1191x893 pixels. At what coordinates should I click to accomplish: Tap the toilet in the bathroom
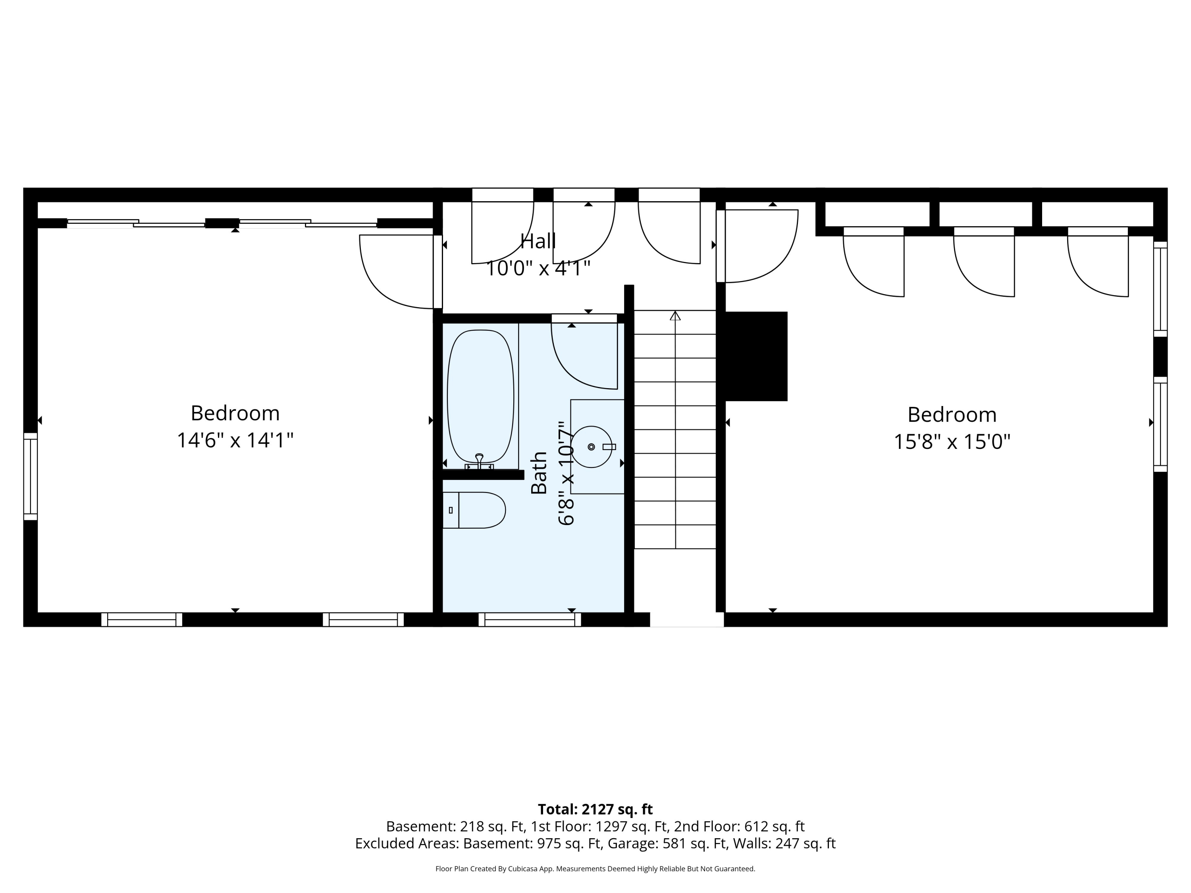(x=474, y=510)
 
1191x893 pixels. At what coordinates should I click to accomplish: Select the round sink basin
(x=591, y=447)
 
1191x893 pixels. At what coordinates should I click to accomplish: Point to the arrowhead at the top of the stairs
(x=675, y=316)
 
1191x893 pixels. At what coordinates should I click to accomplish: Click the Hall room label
(x=538, y=241)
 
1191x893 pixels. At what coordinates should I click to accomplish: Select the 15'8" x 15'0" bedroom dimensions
(x=952, y=442)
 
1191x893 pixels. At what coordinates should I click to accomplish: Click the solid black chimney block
(x=756, y=356)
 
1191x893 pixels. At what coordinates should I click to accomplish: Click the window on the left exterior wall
(x=31, y=476)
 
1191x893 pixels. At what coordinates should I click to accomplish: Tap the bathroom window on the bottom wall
(x=530, y=620)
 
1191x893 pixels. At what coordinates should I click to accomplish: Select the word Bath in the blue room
(x=539, y=473)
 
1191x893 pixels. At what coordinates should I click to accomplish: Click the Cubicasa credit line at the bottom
(x=595, y=869)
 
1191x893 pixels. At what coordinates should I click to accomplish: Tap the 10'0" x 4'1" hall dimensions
(x=538, y=268)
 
